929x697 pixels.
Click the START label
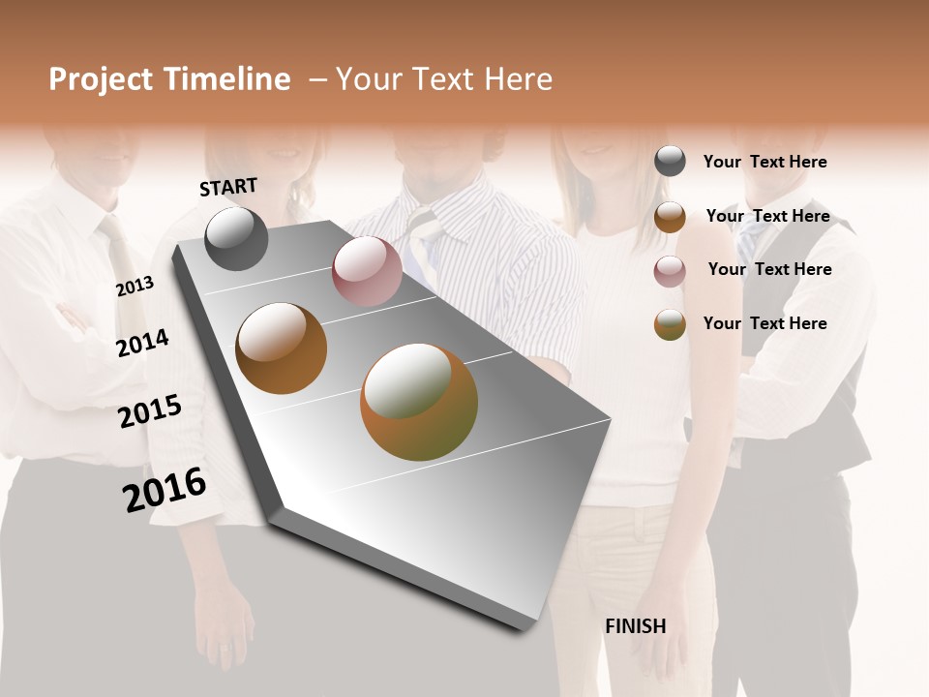(228, 186)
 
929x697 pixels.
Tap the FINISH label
(635, 626)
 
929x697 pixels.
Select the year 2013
(135, 287)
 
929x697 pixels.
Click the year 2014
(142, 343)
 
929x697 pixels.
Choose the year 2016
(165, 490)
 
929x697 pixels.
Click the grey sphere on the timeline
(236, 238)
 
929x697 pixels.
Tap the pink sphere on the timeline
(367, 271)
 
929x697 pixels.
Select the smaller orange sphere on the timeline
(281, 348)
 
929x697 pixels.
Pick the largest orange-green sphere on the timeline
(419, 401)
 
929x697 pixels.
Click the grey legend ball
(670, 162)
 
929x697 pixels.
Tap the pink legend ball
(670, 271)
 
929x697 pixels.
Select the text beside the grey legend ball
(764, 162)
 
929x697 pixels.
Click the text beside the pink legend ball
(769, 269)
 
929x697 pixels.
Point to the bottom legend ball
(670, 324)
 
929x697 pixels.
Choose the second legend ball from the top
(670, 217)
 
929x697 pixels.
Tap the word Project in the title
(100, 79)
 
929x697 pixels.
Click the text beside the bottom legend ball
(764, 323)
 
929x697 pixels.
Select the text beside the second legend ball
(767, 216)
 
